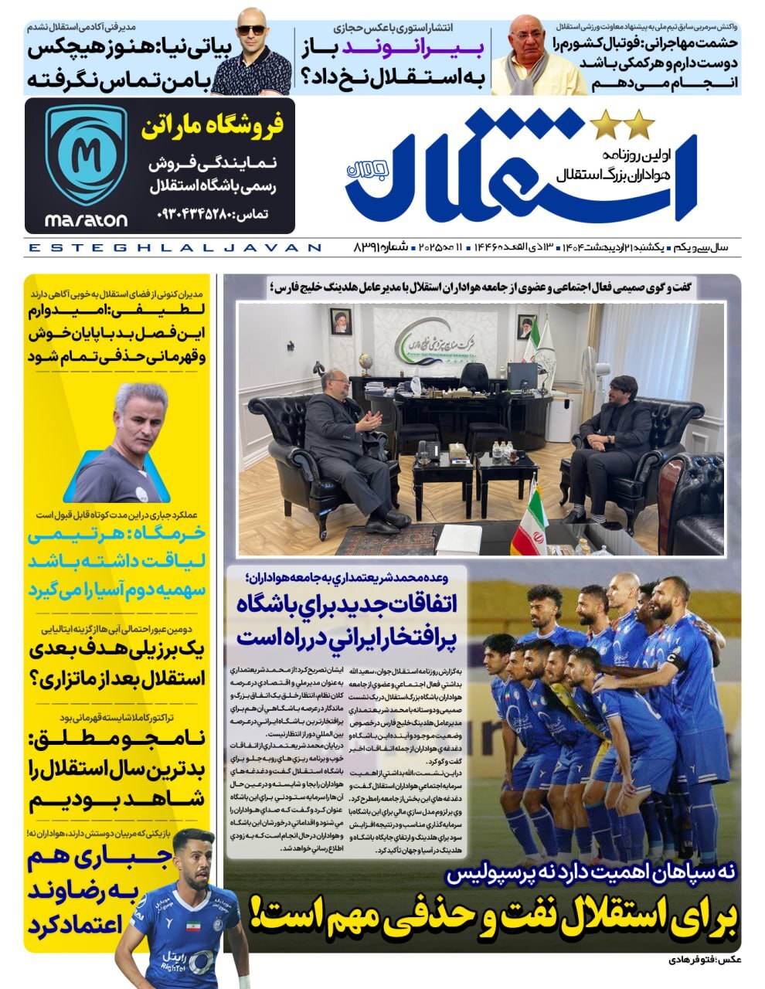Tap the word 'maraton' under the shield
86,220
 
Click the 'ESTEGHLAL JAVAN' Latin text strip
174,248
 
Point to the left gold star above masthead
602,123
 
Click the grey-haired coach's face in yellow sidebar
131,417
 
